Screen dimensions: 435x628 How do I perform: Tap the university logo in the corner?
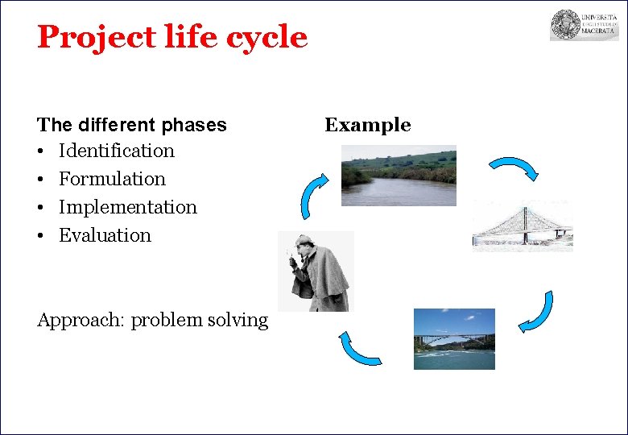click(x=584, y=25)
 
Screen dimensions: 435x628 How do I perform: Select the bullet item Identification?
click(x=116, y=151)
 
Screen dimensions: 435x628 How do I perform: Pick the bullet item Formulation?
click(x=112, y=179)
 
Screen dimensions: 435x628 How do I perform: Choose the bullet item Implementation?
click(x=127, y=207)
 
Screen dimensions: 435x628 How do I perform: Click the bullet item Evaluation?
click(x=105, y=235)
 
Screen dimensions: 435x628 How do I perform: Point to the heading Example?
click(x=367, y=125)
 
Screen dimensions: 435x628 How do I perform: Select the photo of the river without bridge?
click(x=399, y=175)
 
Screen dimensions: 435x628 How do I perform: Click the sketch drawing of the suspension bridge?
click(x=522, y=226)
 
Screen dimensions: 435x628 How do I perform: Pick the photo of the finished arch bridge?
click(x=454, y=338)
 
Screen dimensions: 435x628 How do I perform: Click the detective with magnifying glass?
click(x=317, y=271)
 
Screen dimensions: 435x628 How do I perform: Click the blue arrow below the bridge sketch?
click(x=537, y=313)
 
